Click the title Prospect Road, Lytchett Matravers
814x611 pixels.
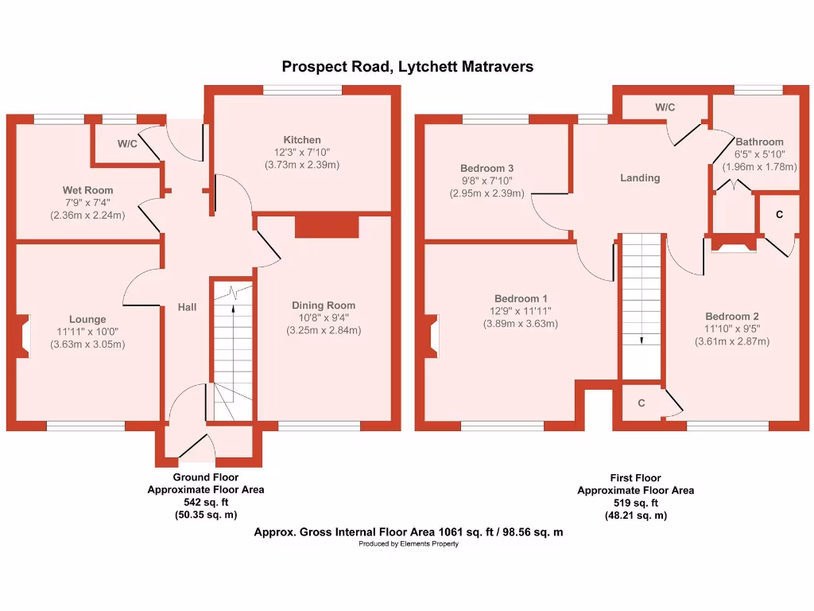pos(408,67)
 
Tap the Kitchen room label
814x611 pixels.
pos(302,140)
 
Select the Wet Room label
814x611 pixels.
pos(87,190)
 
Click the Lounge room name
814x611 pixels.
pos(87,319)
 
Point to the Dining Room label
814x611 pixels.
pos(324,305)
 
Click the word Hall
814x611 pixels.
pos(187,307)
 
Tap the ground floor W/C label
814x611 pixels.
pos(127,144)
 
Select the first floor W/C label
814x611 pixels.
pos(665,107)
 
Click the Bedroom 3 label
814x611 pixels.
pos(487,169)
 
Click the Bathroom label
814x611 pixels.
pos(759,142)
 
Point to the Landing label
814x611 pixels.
pos(640,178)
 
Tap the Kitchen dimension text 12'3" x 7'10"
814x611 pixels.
pos(302,153)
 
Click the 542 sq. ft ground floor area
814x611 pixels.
pos(206,503)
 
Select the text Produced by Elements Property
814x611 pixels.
pos(408,544)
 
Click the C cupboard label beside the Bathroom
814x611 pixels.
pos(779,215)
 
